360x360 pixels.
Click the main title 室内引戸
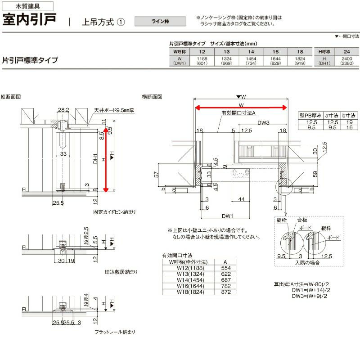click(30, 21)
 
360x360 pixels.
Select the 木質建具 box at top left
click(28, 6)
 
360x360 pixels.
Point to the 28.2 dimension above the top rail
click(63, 110)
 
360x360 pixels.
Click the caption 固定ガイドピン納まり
click(108, 211)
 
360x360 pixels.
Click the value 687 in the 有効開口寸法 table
click(226, 279)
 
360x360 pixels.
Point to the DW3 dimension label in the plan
click(263, 122)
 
